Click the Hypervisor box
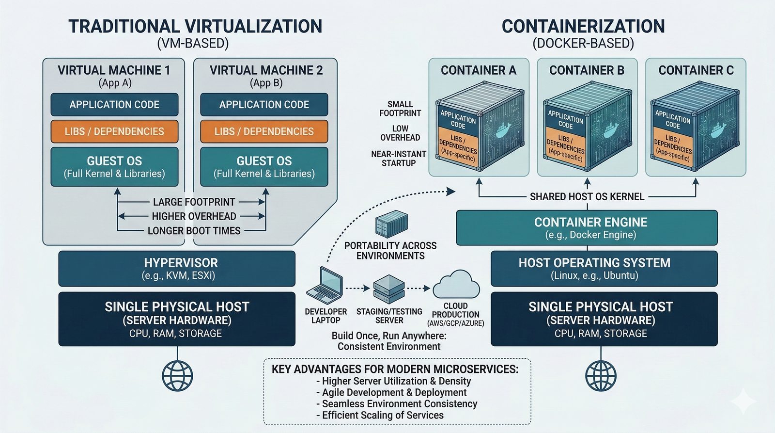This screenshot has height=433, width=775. [177, 269]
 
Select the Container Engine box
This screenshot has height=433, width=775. [587, 227]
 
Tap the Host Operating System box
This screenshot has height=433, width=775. [604, 269]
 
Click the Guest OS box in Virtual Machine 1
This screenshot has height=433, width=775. [114, 167]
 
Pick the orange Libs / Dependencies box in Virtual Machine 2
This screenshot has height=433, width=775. [264, 131]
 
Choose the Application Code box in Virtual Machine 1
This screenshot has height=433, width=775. [114, 105]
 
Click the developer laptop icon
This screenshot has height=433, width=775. [325, 286]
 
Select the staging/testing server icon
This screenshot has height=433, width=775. [389, 289]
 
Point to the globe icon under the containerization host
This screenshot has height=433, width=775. [601, 376]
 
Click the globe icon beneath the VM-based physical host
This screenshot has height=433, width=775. [177, 376]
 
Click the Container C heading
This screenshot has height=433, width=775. [696, 70]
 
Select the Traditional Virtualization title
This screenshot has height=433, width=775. [195, 26]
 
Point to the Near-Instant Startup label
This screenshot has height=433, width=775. [399, 159]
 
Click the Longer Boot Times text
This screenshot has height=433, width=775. [194, 231]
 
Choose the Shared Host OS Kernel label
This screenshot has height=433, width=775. [587, 196]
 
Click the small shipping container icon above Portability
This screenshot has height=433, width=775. [391, 224]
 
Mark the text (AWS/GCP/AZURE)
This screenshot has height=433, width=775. [455, 323]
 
